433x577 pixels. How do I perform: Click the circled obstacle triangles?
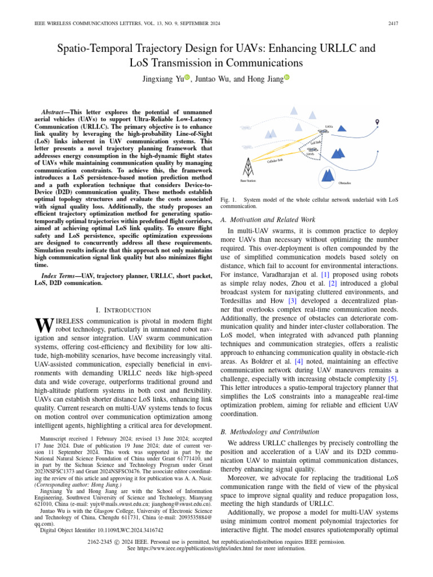[327, 175]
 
